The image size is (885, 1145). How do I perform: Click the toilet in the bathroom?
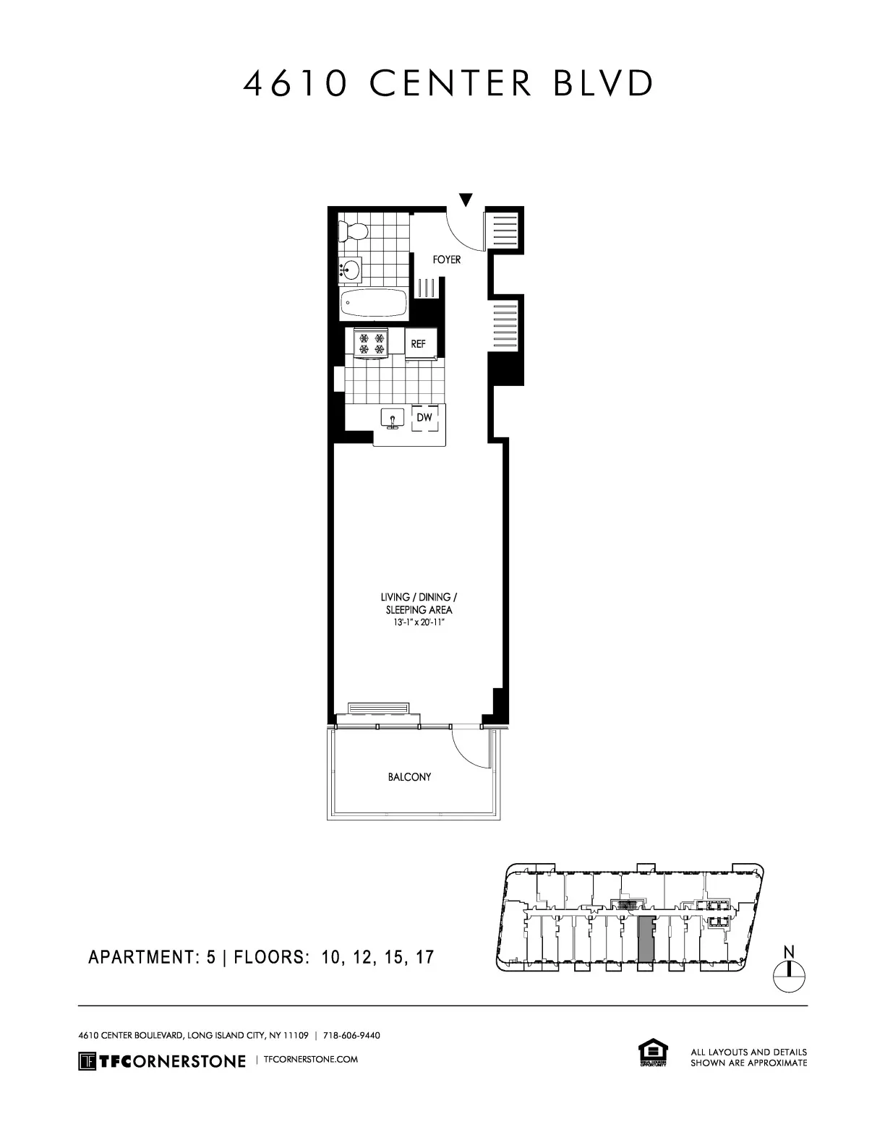pyautogui.click(x=354, y=231)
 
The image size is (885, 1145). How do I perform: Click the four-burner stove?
pyautogui.click(x=372, y=342)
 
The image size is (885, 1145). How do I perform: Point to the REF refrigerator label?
pyautogui.click(x=419, y=344)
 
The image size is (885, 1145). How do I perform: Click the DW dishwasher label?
pyautogui.click(x=424, y=418)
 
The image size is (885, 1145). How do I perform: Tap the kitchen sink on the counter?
pyautogui.click(x=393, y=419)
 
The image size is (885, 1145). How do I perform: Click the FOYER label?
pyautogui.click(x=446, y=260)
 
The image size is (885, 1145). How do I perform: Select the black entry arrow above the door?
pyautogui.click(x=466, y=200)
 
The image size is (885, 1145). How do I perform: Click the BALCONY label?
pyautogui.click(x=409, y=777)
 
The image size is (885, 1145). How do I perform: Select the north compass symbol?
pyautogui.click(x=789, y=975)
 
